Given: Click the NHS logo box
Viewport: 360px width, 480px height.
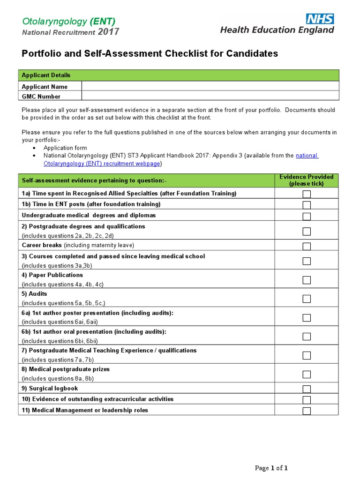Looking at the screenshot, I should click(x=320, y=19).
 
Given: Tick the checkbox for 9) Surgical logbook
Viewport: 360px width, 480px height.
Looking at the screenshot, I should click(x=307, y=389).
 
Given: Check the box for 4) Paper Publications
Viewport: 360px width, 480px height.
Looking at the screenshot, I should click(x=307, y=280).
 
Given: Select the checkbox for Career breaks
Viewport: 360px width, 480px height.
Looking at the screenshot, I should click(x=307, y=246).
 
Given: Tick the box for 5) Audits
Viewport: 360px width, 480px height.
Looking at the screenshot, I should click(x=307, y=299).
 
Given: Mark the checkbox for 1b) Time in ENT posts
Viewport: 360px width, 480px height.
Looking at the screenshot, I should click(x=307, y=205).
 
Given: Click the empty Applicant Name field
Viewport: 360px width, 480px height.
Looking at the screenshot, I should click(x=210, y=86).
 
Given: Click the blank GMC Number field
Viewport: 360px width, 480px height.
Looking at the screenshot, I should click(x=210, y=96).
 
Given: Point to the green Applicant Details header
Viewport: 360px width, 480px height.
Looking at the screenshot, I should click(x=178, y=75).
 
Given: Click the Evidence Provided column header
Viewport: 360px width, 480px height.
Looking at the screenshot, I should click(x=306, y=180).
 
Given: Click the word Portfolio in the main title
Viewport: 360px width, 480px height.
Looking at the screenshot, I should click(x=40, y=53).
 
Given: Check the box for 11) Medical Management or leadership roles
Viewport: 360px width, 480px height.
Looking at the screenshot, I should click(x=307, y=411).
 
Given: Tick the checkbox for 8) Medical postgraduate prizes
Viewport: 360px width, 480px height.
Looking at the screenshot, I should click(x=307, y=374).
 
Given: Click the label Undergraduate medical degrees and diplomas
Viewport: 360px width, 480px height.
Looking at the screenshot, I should click(x=89, y=216).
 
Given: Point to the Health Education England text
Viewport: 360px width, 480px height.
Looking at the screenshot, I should click(x=277, y=30).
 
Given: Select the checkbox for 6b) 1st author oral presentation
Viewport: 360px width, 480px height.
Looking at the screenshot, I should click(x=307, y=336).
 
